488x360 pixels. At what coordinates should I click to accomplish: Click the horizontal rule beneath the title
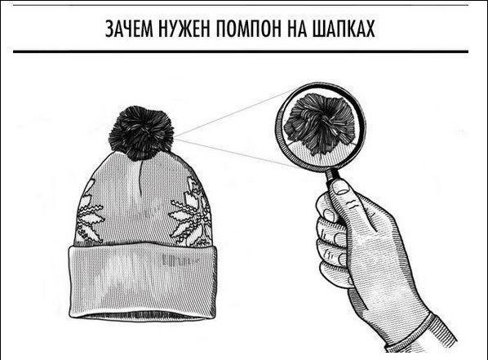pos(244,51)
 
